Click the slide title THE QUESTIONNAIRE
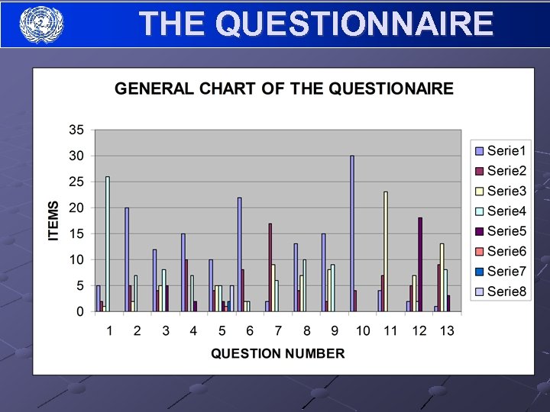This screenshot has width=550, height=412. coord(316,24)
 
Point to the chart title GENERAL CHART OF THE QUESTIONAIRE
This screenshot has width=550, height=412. coord(283,89)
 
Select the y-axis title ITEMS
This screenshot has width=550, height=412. coord(53,221)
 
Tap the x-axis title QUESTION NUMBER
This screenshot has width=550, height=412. coord(277,353)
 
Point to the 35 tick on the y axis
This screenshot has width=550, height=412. coord(76,130)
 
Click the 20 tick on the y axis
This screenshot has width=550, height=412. coord(76,208)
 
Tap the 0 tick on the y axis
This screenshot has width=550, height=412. coord(79,311)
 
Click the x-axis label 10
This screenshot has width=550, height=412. coord(362,330)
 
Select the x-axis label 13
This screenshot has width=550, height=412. coord(446,330)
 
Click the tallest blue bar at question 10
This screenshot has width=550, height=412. coord(352,233)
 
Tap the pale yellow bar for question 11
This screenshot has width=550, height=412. coord(386,252)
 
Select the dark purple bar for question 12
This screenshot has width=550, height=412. coord(420,265)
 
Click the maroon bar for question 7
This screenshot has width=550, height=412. coord(270,267)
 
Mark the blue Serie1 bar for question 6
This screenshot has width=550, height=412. coord(239,255)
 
